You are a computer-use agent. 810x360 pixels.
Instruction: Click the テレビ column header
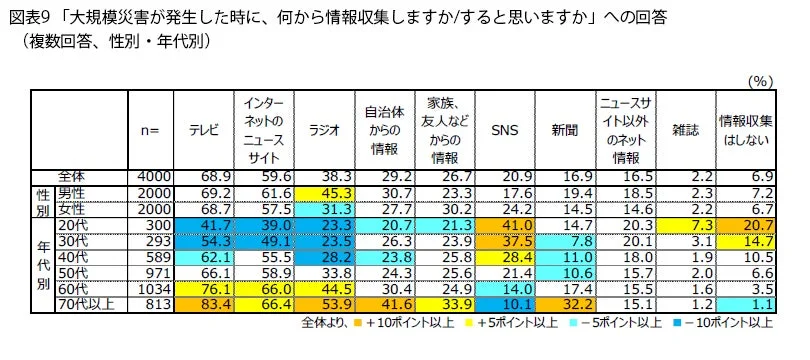pos(204,129)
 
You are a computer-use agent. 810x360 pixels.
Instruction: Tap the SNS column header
pos(506,129)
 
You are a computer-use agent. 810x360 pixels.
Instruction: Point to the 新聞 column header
pos(566,129)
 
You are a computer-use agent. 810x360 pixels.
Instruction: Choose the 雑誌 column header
pos(687,129)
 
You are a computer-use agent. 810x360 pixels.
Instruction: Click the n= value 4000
pos(156,176)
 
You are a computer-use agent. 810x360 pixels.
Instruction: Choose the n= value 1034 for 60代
pos(156,288)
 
